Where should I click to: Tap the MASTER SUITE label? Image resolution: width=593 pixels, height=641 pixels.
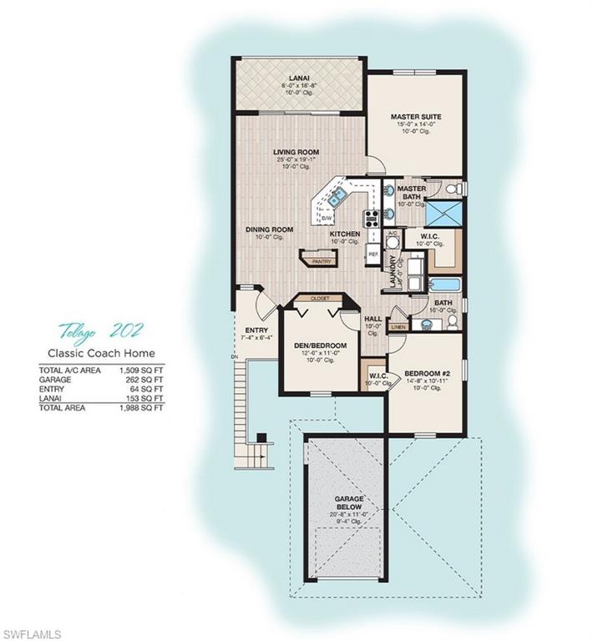click(415, 116)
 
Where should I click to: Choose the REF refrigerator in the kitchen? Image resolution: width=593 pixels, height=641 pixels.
click(373, 252)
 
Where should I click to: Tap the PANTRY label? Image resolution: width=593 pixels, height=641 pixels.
click(322, 261)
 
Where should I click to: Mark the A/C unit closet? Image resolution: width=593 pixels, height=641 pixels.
click(393, 242)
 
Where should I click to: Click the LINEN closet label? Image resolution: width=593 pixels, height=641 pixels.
click(398, 326)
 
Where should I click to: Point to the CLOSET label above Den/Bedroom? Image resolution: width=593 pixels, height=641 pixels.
click(320, 297)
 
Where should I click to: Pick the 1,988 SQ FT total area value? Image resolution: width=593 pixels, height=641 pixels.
click(147, 408)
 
